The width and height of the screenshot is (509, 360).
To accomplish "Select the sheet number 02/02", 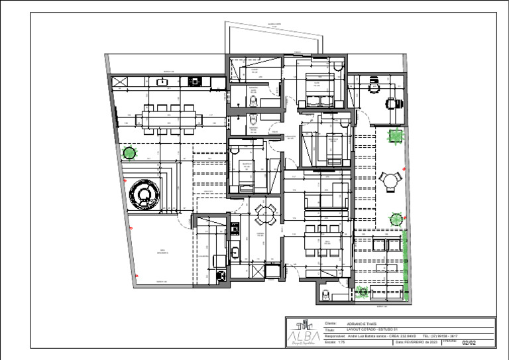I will click(x=469, y=342).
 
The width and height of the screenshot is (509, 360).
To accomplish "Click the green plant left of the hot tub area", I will click(x=129, y=153).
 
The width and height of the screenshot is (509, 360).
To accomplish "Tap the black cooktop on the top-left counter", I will click(x=195, y=82).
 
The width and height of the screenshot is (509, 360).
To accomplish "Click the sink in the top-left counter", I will click(x=162, y=82).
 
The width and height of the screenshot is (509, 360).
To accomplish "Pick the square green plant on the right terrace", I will click(x=395, y=136).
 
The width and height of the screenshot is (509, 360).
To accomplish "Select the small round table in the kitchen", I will click(x=265, y=213).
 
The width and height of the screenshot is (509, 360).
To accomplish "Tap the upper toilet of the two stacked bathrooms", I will click(x=253, y=100).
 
